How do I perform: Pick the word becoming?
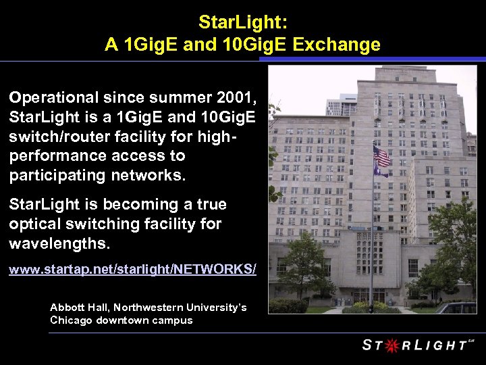142,204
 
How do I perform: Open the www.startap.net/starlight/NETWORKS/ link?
132,270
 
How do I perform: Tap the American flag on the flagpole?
381,157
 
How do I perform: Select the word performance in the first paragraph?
55,156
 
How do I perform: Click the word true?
210,204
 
